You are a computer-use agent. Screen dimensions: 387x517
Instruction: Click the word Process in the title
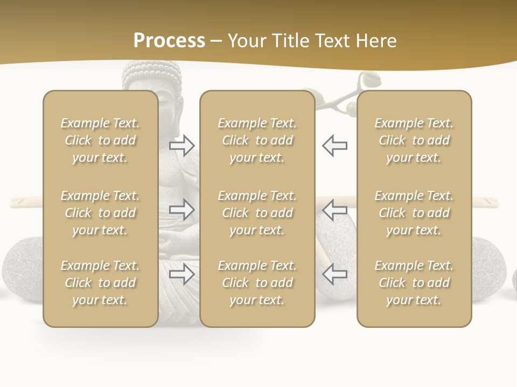coord(169,40)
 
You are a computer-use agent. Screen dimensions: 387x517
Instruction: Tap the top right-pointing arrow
coord(181,145)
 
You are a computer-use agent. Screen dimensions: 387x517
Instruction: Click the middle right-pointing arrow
coord(181,210)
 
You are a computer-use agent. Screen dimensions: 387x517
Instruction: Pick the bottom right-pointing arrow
coord(181,274)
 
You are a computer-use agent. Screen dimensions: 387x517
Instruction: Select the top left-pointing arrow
coord(334,145)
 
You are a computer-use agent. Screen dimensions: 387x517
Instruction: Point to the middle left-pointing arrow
coord(334,210)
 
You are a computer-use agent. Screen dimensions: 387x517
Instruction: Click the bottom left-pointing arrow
coord(334,274)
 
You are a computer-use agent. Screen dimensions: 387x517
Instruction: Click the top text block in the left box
coord(100,140)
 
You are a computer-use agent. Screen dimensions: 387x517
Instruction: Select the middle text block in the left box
coord(100,213)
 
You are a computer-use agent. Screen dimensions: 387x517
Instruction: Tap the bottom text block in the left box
coord(100,283)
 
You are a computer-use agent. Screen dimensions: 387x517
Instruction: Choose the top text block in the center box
coord(257,140)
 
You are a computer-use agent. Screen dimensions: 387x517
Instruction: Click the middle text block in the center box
coord(257,213)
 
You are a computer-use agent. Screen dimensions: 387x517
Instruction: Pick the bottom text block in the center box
coord(257,283)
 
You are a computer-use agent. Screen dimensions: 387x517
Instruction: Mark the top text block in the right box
coord(414,140)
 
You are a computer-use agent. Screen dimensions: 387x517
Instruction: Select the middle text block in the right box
coord(414,213)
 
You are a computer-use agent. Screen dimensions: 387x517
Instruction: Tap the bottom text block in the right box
coord(414,283)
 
